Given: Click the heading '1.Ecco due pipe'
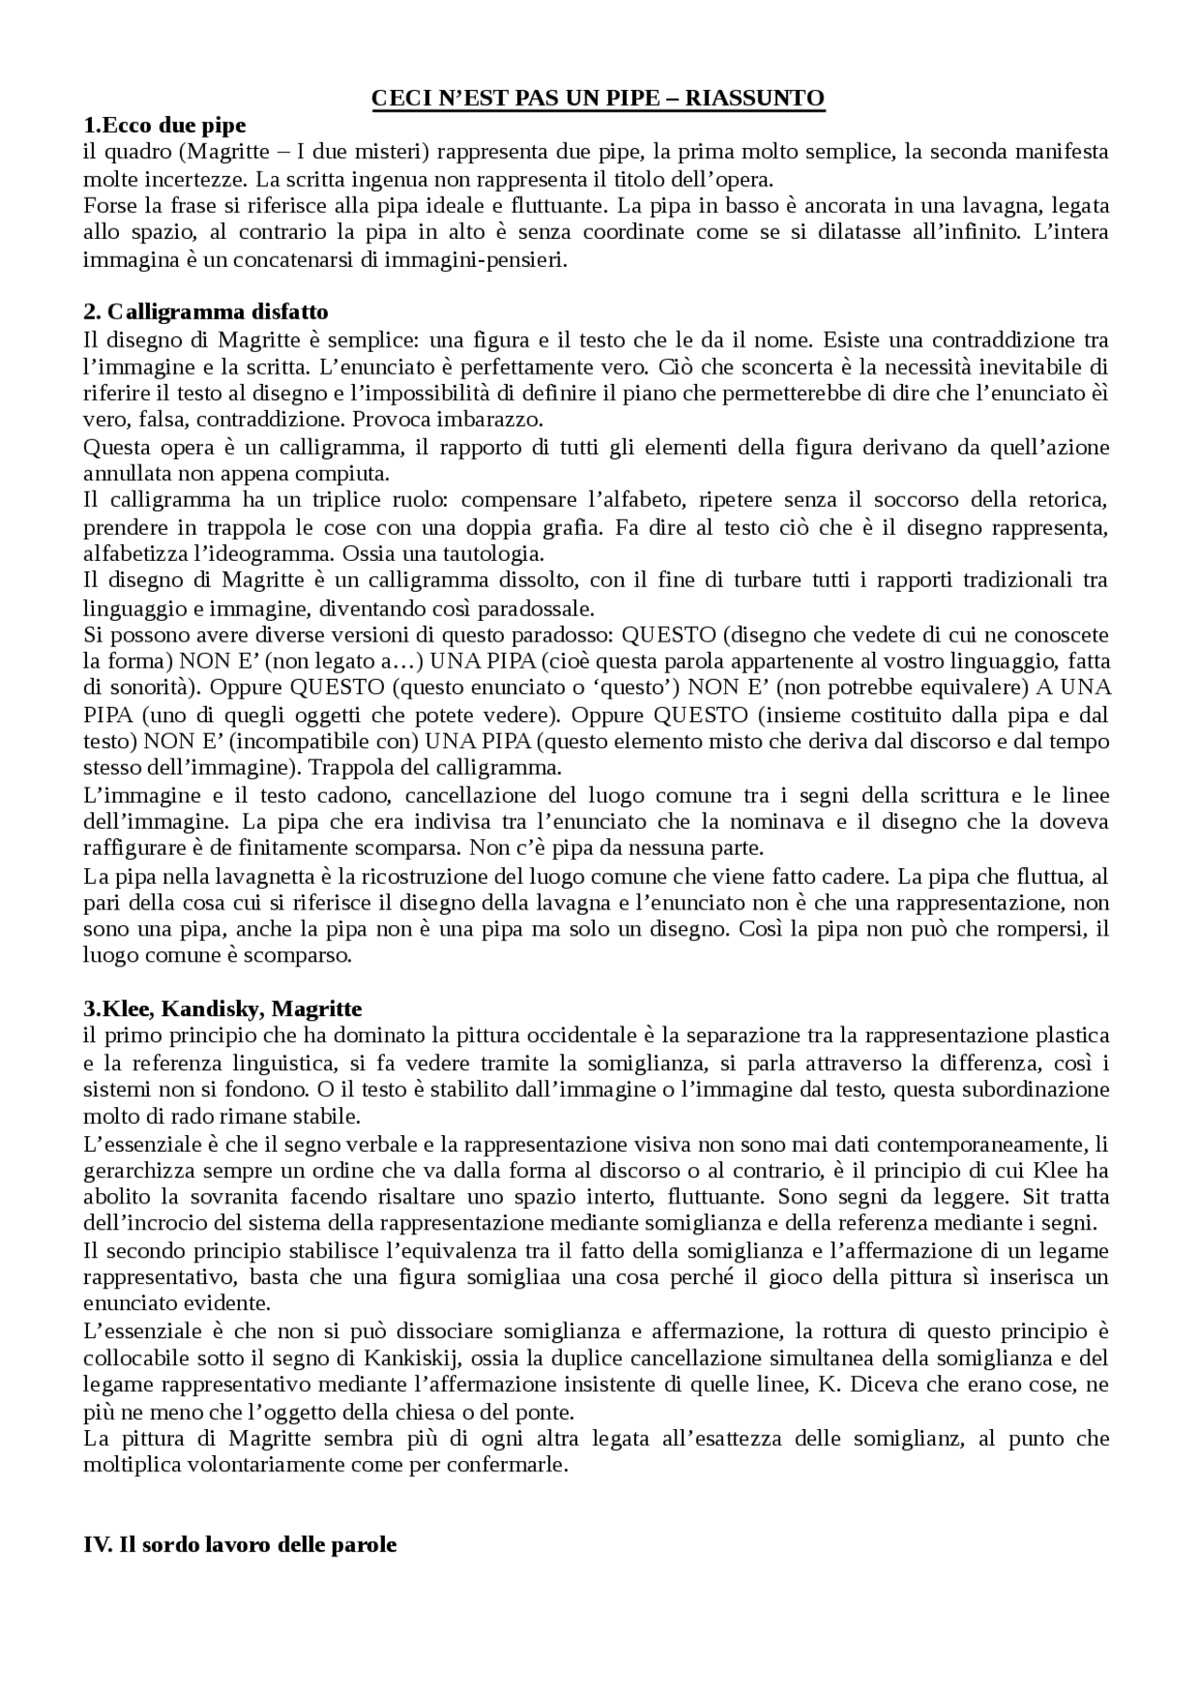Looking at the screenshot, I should point(164,125).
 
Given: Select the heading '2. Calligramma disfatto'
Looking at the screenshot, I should point(205,311).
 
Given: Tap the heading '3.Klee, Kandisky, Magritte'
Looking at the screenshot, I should point(222,1009).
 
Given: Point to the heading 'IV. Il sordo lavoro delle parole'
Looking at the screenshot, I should point(240,1545).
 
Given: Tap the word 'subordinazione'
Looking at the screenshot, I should point(1039,1090).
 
